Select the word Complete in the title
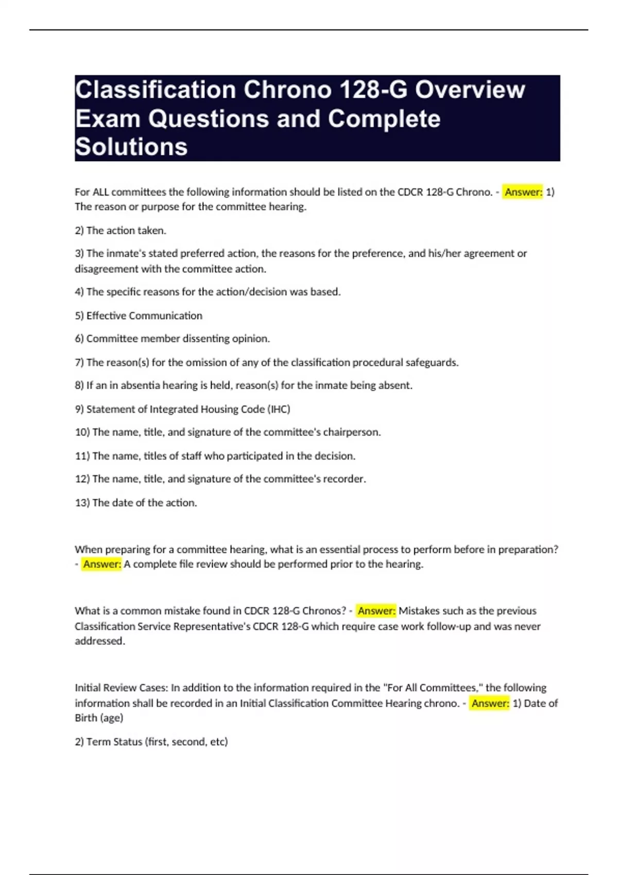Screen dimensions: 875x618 click(x=384, y=118)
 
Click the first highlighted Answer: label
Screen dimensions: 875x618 click(x=523, y=192)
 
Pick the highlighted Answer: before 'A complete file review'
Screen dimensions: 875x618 click(x=102, y=564)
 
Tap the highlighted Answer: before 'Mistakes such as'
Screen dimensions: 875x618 click(x=376, y=611)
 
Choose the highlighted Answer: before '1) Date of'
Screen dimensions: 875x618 click(x=490, y=703)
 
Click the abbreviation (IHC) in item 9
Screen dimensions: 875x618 click(x=279, y=409)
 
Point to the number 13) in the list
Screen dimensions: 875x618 click(x=82, y=503)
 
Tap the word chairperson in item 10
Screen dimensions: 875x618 click(x=351, y=432)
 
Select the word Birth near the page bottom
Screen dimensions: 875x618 click(x=85, y=718)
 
